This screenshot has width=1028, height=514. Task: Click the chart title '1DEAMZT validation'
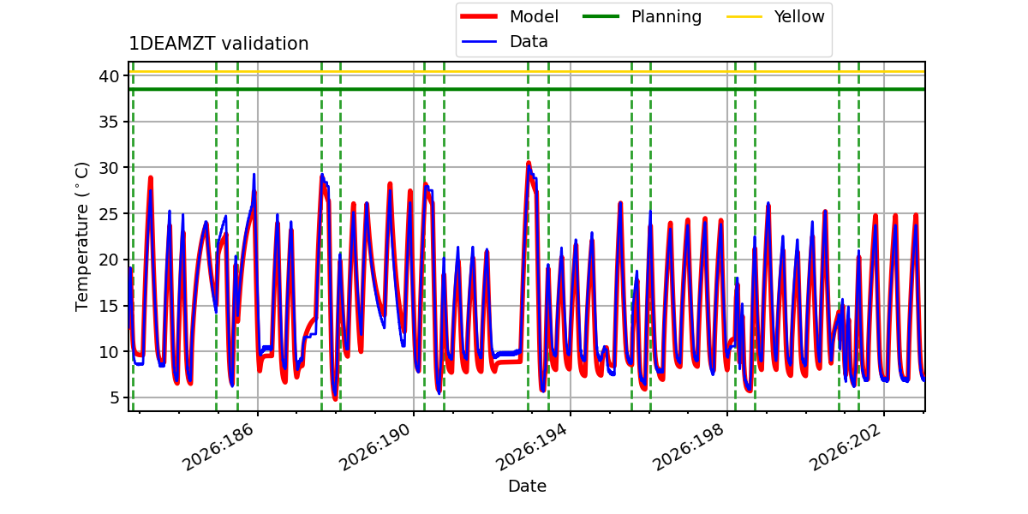(x=218, y=44)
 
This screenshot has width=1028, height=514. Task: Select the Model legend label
(x=534, y=16)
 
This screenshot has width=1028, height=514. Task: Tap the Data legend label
(x=529, y=42)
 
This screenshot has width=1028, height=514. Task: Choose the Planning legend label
(x=666, y=17)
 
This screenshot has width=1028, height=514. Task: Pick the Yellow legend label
(x=799, y=16)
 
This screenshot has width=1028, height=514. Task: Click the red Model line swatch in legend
(x=479, y=16)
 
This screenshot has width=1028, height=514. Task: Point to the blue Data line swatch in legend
(x=479, y=42)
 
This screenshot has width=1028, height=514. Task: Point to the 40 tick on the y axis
(x=109, y=76)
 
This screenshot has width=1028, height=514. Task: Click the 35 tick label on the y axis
(x=109, y=122)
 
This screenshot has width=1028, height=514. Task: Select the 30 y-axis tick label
(x=109, y=168)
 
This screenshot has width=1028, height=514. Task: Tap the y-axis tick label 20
(x=109, y=260)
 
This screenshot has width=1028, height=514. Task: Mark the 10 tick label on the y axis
(x=109, y=352)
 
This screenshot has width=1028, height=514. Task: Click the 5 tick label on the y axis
(x=114, y=397)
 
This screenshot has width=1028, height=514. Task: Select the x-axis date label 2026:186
(x=217, y=447)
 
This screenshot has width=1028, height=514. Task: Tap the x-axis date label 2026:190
(x=374, y=447)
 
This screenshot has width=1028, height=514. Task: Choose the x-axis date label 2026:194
(x=530, y=447)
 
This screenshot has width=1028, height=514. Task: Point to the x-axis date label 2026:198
(x=687, y=447)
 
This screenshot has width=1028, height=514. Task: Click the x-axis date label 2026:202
(x=845, y=447)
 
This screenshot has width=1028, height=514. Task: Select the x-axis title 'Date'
(x=528, y=486)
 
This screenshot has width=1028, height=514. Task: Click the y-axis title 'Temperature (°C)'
(x=81, y=236)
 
